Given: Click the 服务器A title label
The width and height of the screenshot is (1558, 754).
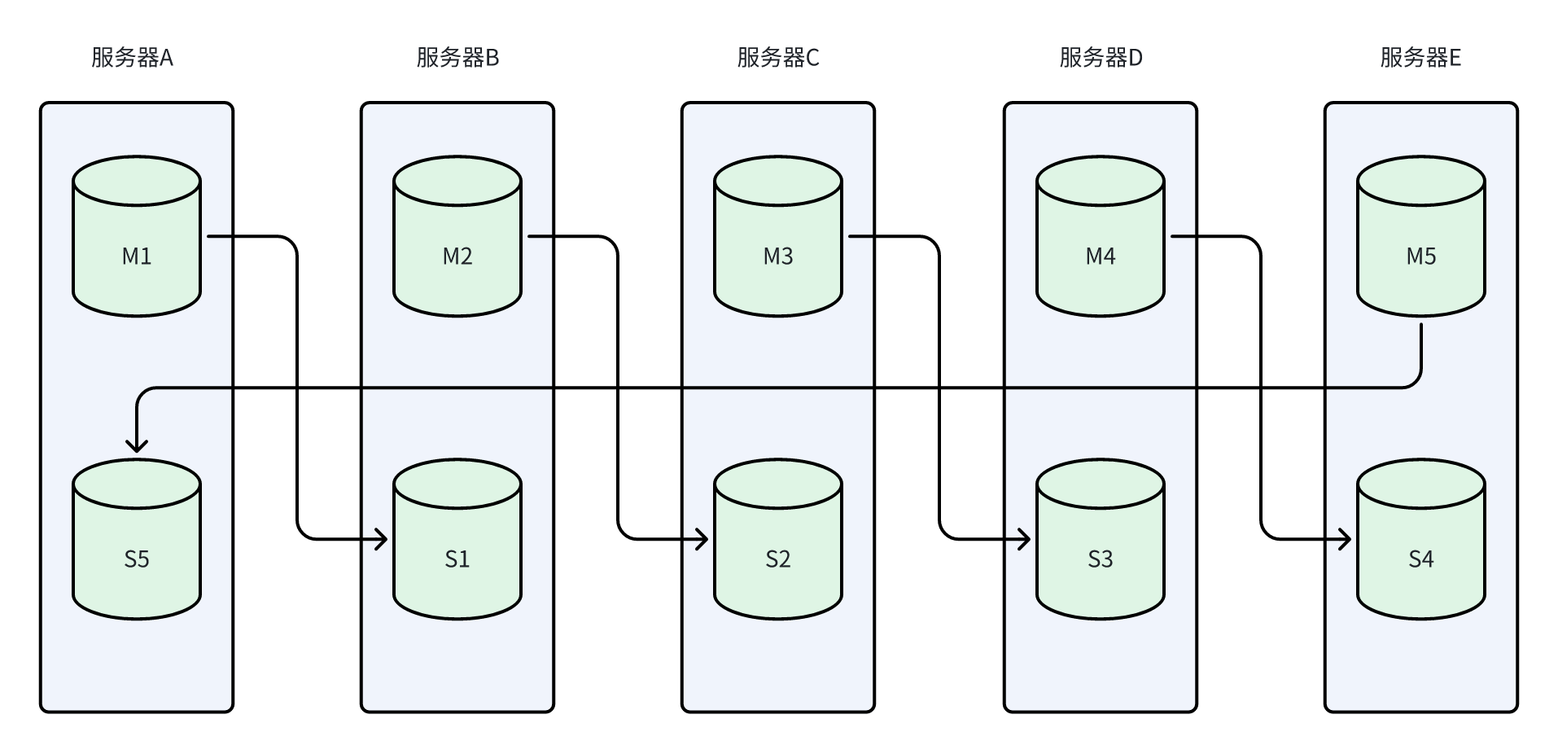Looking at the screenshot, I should click(132, 58).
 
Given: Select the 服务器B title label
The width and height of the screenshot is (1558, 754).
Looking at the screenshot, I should click(457, 58).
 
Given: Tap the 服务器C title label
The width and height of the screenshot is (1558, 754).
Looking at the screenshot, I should click(778, 58).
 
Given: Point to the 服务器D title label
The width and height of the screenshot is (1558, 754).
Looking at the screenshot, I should click(1101, 58).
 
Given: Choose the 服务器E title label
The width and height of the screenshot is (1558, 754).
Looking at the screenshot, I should click(1420, 58).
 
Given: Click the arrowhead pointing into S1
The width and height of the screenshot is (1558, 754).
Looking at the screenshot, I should click(381, 539).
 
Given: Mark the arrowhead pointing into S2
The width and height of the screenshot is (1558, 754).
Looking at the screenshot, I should click(702, 539).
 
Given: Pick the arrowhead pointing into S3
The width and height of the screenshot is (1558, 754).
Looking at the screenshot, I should click(1024, 539).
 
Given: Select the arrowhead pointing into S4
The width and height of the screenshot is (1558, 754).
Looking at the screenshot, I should click(1345, 539).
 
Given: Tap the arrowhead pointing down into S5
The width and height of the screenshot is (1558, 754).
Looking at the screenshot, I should click(137, 445).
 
